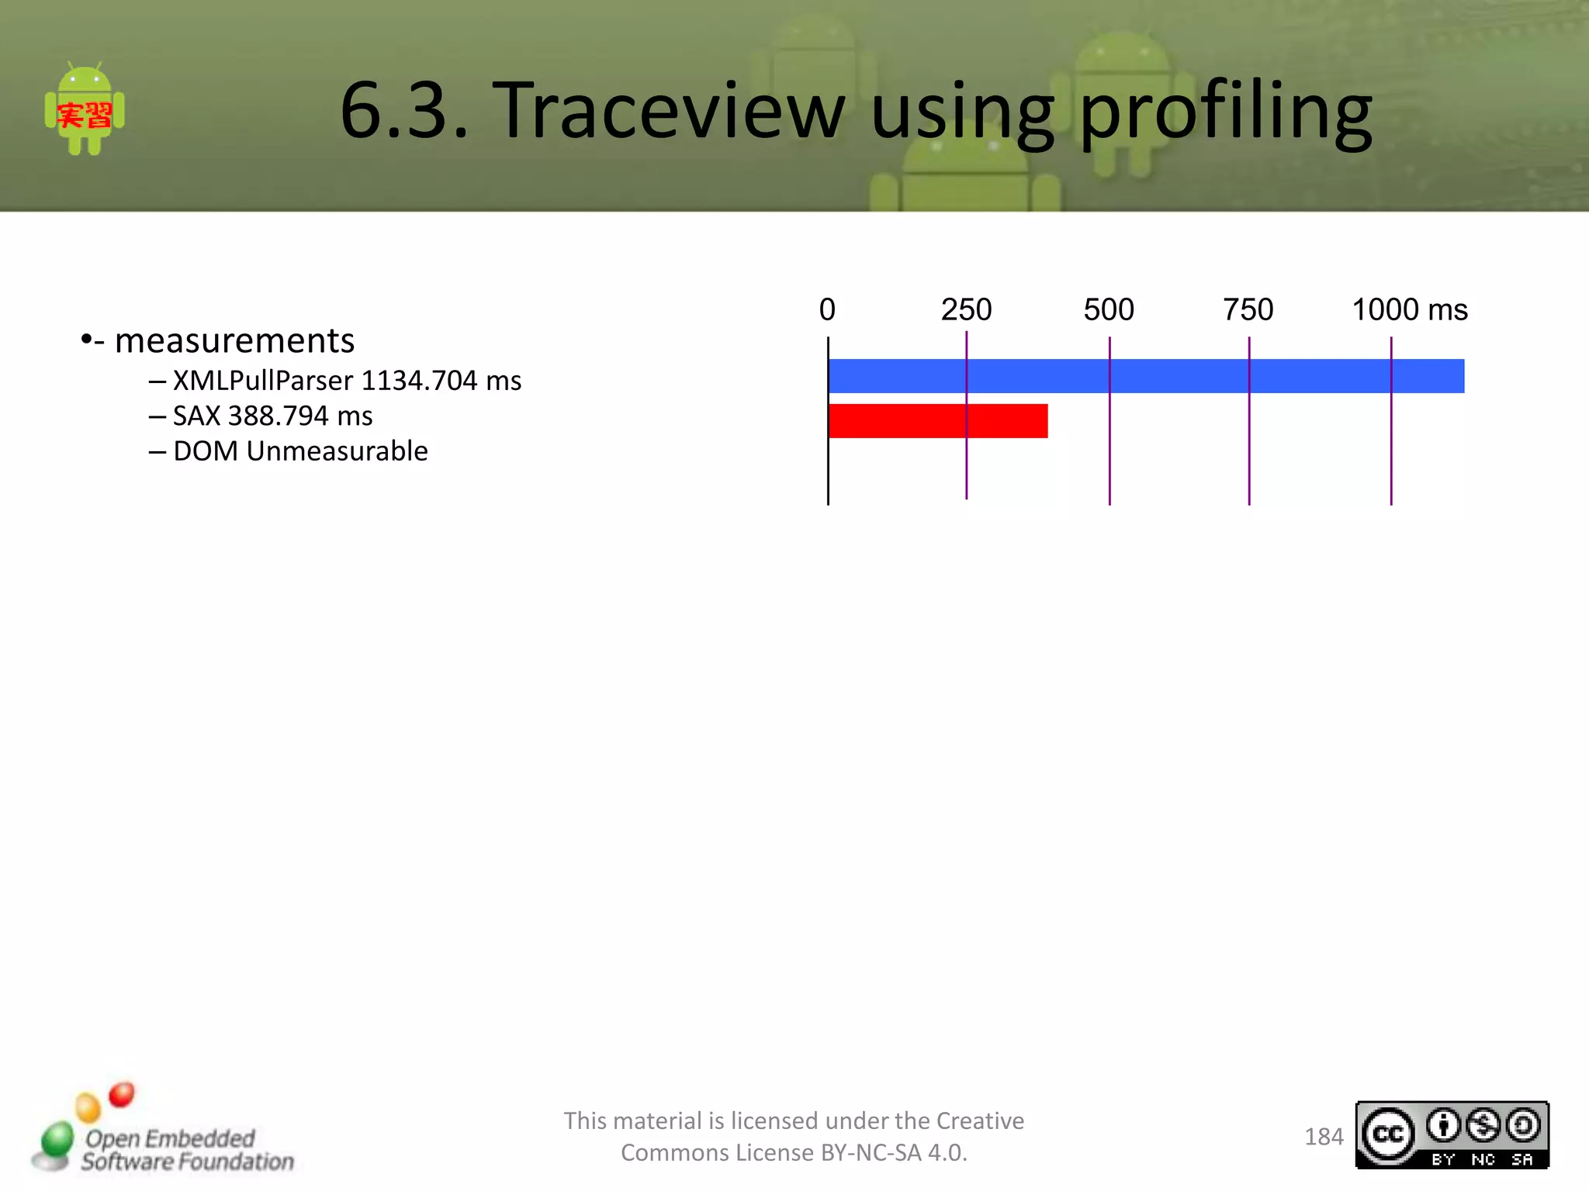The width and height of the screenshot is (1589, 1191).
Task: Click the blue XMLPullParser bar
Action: (x=1146, y=376)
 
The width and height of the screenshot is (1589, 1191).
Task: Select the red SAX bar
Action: (x=938, y=421)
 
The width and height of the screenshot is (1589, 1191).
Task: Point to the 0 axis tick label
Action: (x=827, y=310)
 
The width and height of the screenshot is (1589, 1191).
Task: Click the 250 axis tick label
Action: (x=966, y=310)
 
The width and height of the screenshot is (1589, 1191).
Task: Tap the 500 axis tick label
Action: (x=1109, y=310)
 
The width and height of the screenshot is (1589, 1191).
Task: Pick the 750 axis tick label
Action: (x=1248, y=310)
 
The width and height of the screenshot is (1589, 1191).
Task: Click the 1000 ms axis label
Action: (x=1409, y=310)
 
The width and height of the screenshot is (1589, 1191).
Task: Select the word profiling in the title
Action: (x=1225, y=112)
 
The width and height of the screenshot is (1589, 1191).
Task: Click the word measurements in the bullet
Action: (x=234, y=341)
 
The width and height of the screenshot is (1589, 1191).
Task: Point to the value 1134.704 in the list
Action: (x=419, y=381)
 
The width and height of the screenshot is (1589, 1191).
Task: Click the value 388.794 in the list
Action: (x=278, y=416)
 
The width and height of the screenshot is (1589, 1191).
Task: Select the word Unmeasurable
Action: (x=337, y=451)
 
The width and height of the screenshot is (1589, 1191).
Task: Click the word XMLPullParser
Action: (x=263, y=381)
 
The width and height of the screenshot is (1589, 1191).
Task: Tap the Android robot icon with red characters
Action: (x=85, y=110)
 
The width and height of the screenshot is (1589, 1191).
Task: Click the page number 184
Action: (x=1323, y=1137)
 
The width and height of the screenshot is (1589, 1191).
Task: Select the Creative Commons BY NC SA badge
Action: (x=1452, y=1135)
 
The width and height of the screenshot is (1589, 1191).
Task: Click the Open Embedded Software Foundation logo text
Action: (x=186, y=1150)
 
